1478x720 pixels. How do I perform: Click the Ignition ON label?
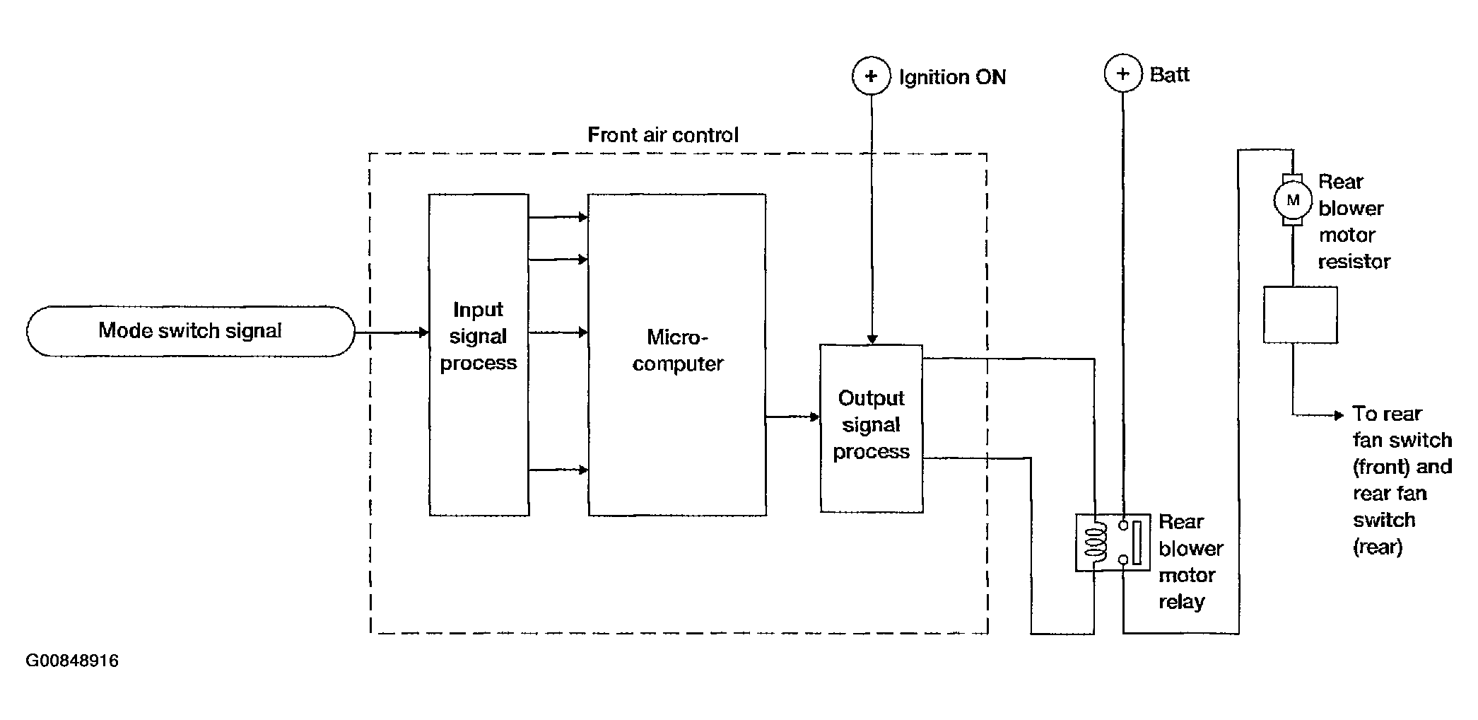(x=952, y=77)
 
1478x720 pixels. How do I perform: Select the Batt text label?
(x=1170, y=74)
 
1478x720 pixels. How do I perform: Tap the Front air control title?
(x=663, y=135)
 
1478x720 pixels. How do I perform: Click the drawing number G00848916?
(x=72, y=661)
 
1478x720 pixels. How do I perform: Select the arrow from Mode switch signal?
(x=392, y=332)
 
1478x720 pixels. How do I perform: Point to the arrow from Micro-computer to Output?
(x=793, y=417)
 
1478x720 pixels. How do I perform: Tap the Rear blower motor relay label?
(x=1191, y=562)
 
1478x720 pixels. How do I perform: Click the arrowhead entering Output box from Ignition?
(x=872, y=339)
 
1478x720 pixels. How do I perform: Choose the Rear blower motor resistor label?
(x=1354, y=221)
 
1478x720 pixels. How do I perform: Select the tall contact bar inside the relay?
(x=1137, y=542)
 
